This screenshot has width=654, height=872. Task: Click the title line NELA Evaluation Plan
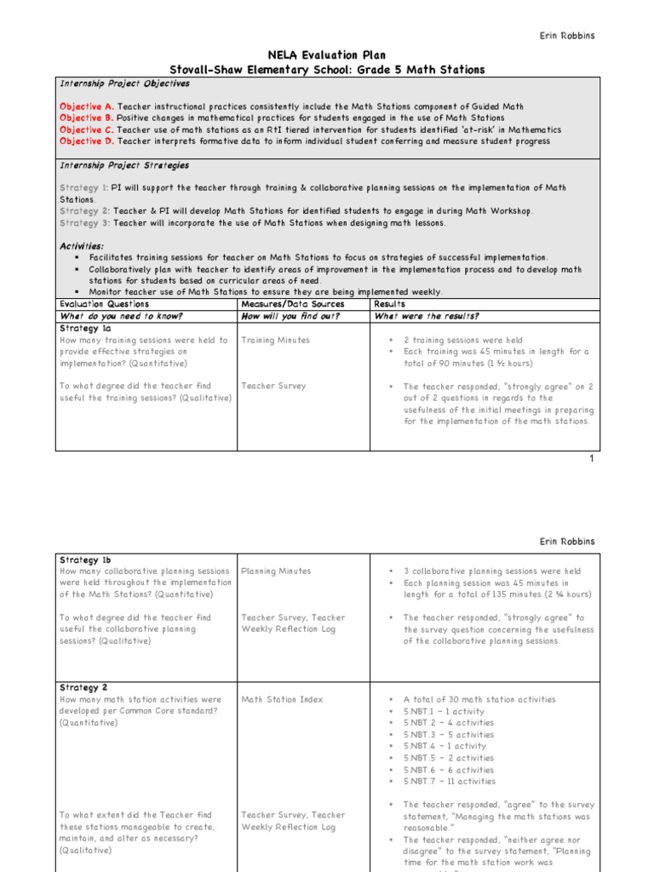(x=328, y=54)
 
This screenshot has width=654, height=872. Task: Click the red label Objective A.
(x=85, y=106)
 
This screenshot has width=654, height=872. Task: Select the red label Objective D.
(x=85, y=141)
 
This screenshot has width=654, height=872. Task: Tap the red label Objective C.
(x=85, y=129)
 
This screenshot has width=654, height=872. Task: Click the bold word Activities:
(x=82, y=245)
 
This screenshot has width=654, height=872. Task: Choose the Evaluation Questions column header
(x=104, y=304)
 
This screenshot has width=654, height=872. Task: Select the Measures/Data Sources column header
(x=293, y=304)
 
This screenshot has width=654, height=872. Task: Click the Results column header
(x=390, y=304)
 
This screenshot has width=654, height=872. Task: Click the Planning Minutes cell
(x=276, y=571)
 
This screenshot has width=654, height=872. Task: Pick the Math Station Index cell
(x=282, y=700)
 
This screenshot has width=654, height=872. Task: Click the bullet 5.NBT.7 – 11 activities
(x=448, y=782)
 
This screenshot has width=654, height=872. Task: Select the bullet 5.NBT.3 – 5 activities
(x=448, y=735)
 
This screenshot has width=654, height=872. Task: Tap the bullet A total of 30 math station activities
(x=479, y=700)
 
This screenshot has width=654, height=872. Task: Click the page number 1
(x=592, y=459)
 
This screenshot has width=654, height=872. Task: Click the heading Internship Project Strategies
(x=124, y=165)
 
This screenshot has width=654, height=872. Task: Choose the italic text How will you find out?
(x=291, y=316)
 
